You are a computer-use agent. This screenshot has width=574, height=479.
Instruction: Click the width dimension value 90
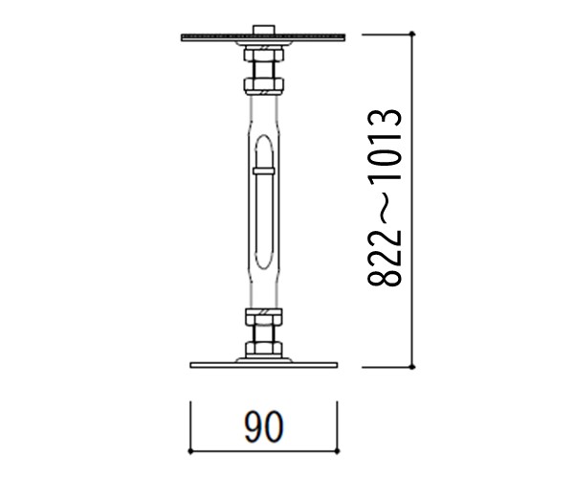[x=264, y=426]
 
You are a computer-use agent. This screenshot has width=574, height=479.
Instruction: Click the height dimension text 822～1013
[x=386, y=197]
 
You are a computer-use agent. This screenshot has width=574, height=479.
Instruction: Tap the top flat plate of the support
[x=263, y=37]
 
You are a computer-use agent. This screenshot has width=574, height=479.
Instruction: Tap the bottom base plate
[x=264, y=365]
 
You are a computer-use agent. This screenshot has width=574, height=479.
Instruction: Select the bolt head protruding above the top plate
[x=264, y=30]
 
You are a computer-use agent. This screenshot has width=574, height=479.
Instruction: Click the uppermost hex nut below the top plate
[x=264, y=54]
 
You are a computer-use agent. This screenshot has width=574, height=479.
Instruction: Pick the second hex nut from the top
[x=264, y=86]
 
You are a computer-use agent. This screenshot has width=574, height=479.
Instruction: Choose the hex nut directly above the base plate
[x=264, y=350]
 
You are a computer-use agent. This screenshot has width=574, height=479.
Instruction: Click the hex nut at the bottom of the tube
[x=264, y=317]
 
